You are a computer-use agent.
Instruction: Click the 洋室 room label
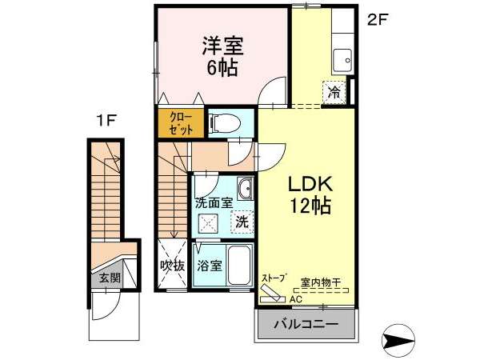pos(222,46)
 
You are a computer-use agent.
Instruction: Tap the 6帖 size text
pos(222,68)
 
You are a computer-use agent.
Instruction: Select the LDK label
pos(310,184)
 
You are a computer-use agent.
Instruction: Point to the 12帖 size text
pos(310,206)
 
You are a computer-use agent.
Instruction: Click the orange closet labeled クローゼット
pos(181,123)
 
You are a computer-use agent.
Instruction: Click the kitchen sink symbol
pos(342,61)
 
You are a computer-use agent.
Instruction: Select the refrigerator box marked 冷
pos(334,92)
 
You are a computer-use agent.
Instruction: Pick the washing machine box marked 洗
pos(242,222)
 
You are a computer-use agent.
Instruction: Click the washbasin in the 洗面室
pos(246,188)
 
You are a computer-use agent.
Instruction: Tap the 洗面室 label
pos(214,203)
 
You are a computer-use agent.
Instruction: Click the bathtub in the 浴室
pos(240,266)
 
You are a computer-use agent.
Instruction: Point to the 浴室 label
pos(210,266)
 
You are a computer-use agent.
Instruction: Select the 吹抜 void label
pos(173,265)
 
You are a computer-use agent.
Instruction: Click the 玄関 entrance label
pos(110,278)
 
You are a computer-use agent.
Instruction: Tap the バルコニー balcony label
pos(306,324)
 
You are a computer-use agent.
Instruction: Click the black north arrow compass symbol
pos(398,340)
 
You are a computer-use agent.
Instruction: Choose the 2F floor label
pos(378,21)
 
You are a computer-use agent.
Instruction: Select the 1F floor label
pos(106,121)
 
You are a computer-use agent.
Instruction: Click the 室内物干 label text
pos(321,282)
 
